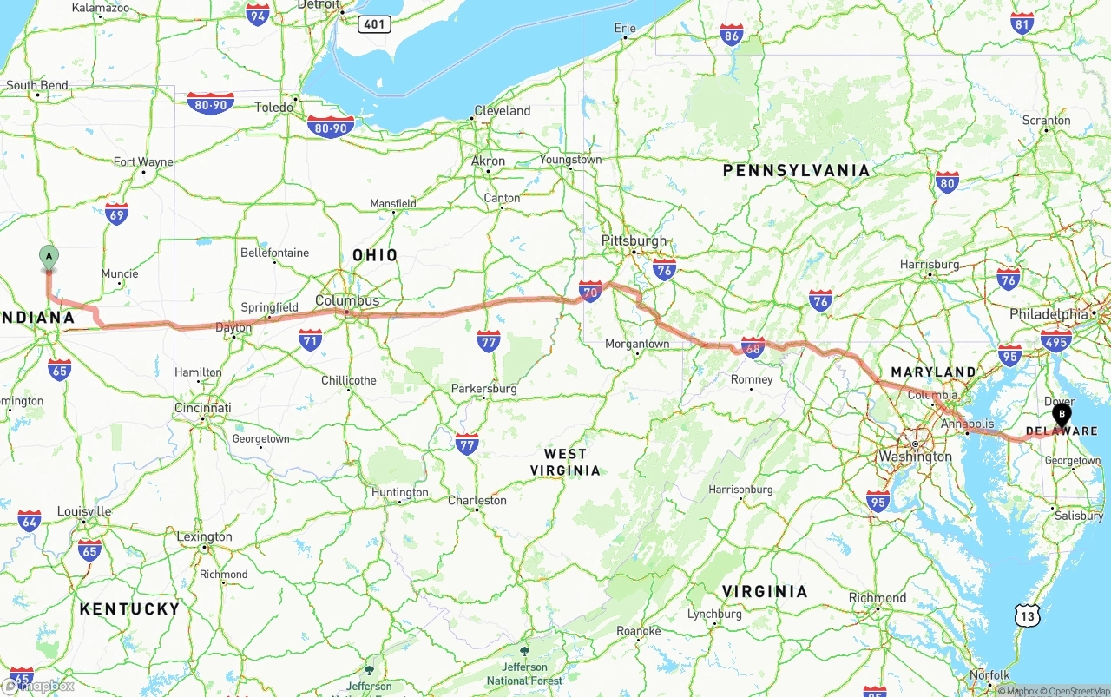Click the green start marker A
[49, 257]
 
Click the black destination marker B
[1062, 414]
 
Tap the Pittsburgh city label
[634, 240]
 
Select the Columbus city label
[347, 300]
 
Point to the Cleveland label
[502, 111]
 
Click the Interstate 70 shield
[591, 290]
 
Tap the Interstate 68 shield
[753, 347]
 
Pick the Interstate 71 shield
[310, 339]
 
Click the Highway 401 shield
[373, 24]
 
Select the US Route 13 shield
[1028, 615]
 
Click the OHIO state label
[375, 255]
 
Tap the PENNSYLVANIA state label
[796, 170]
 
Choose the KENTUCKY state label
[129, 608]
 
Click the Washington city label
[915, 457]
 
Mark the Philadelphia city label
[1049, 314]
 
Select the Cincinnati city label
[202, 408]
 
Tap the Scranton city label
[1046, 121]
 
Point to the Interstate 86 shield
[732, 35]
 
